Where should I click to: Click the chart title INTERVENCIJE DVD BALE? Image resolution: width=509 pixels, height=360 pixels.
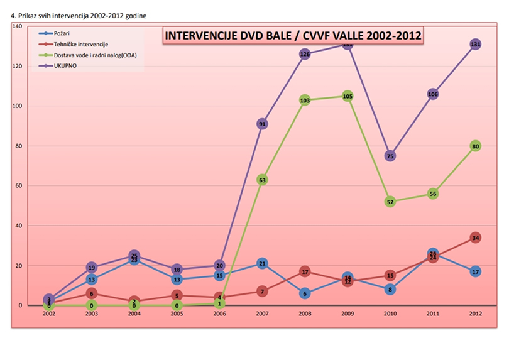click(292, 35)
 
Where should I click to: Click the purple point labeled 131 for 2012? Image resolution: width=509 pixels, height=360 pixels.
click(476, 45)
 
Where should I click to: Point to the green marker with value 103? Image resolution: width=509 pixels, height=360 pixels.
click(305, 101)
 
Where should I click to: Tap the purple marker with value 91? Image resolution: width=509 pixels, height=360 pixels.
click(262, 124)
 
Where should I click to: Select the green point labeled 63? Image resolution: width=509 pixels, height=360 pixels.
click(262, 180)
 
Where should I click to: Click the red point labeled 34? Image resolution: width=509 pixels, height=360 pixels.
click(476, 238)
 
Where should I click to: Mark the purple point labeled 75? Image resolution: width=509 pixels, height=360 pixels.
click(390, 156)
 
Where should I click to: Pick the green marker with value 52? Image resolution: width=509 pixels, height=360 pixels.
click(390, 202)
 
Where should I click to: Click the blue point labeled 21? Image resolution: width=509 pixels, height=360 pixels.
click(262, 264)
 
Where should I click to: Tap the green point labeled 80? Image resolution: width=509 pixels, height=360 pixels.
click(476, 146)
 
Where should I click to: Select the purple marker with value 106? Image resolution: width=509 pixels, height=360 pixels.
click(433, 94)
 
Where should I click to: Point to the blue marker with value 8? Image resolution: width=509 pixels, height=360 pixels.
click(390, 290)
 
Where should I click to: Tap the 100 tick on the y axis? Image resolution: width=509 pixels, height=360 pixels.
click(17, 106)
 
